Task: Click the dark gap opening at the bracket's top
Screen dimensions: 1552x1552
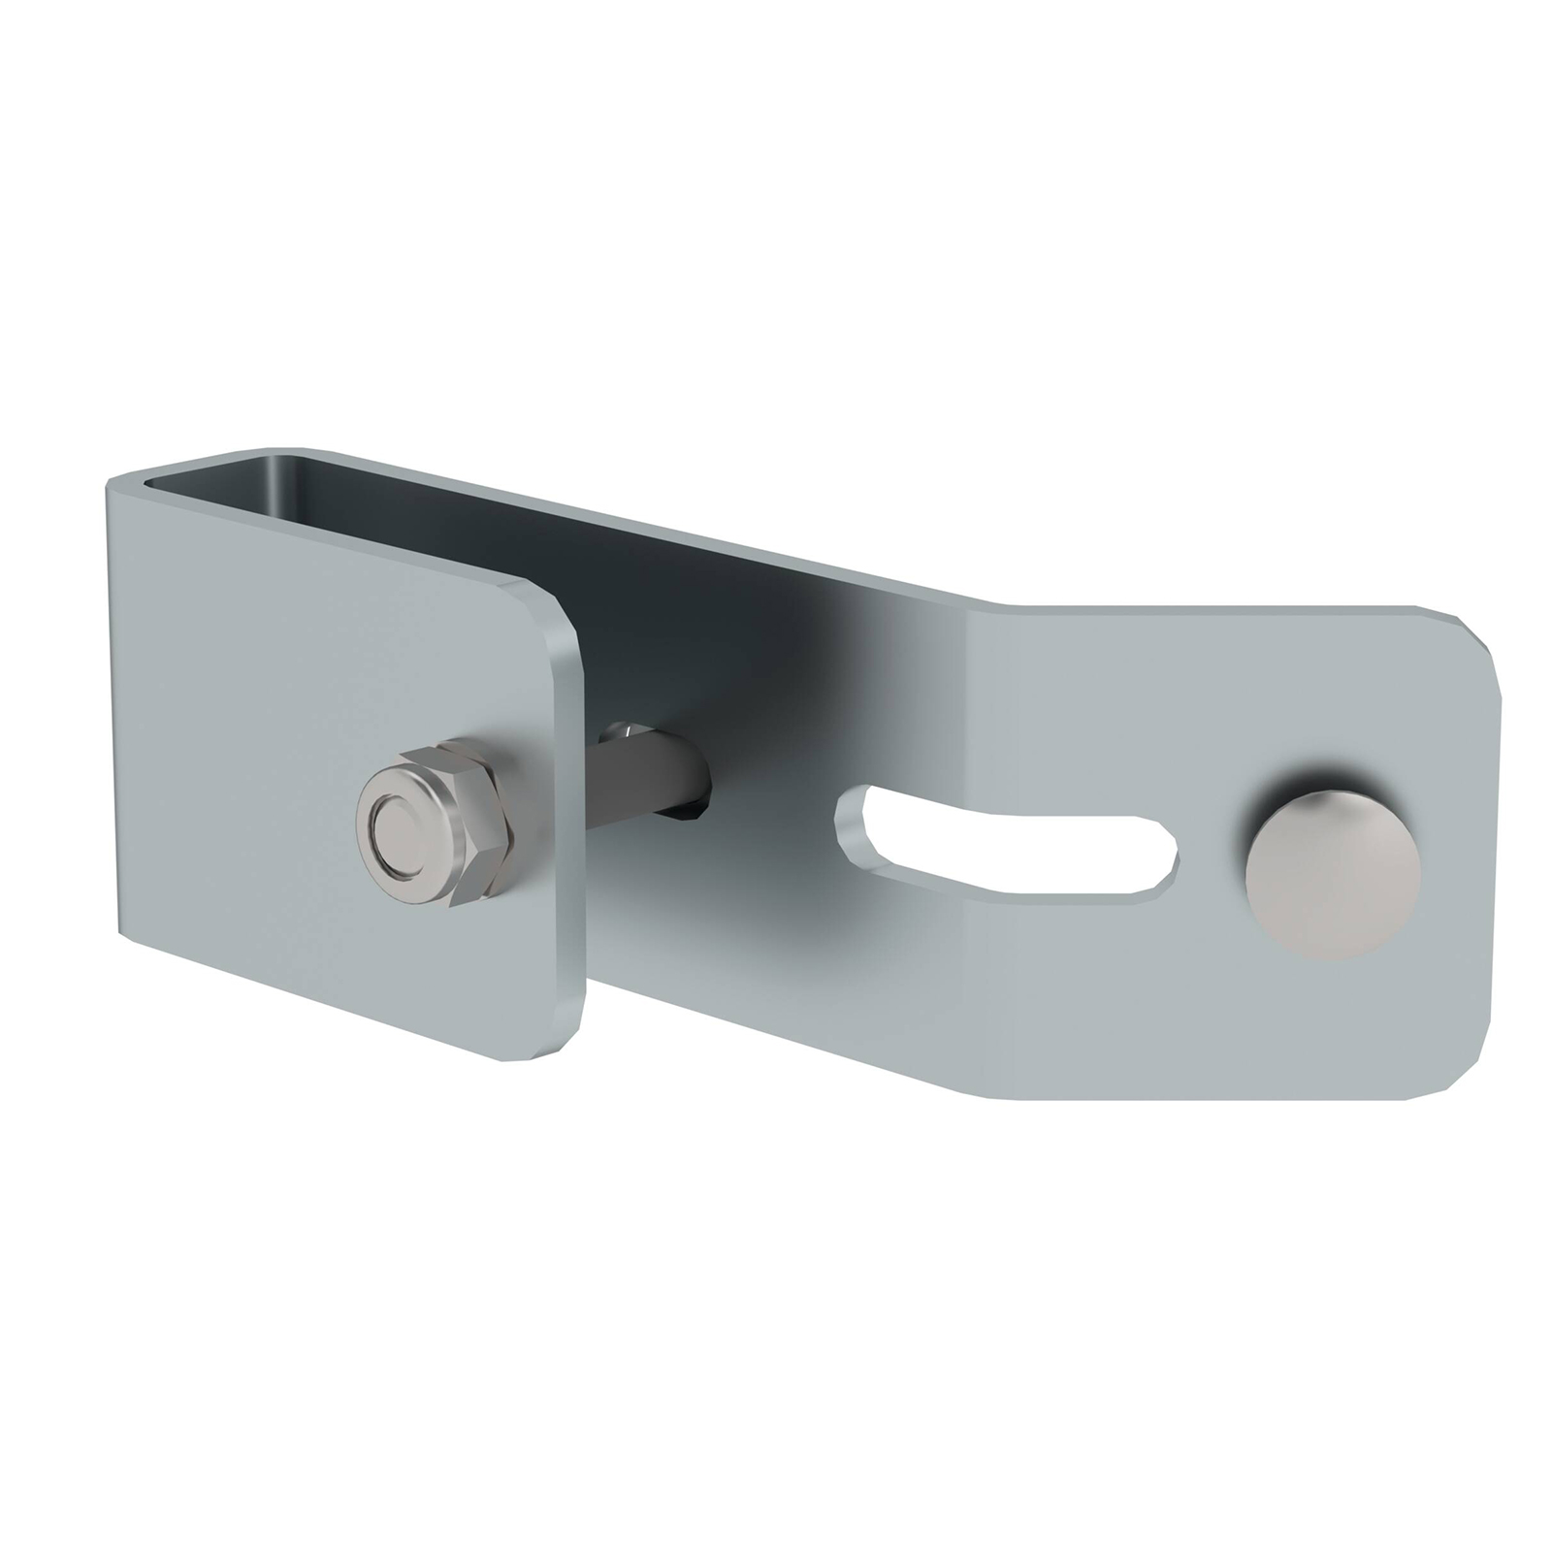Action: tap(407, 504)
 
